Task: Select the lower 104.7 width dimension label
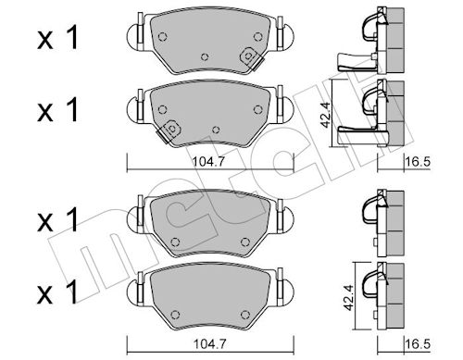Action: [x=210, y=344]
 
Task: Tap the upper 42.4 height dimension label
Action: [x=325, y=115]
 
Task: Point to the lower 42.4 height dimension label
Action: [x=348, y=298]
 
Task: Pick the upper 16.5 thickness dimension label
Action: [x=419, y=161]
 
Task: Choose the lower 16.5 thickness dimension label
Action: [x=419, y=344]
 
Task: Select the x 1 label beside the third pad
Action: [x=57, y=219]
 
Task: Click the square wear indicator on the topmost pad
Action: [x=249, y=56]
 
